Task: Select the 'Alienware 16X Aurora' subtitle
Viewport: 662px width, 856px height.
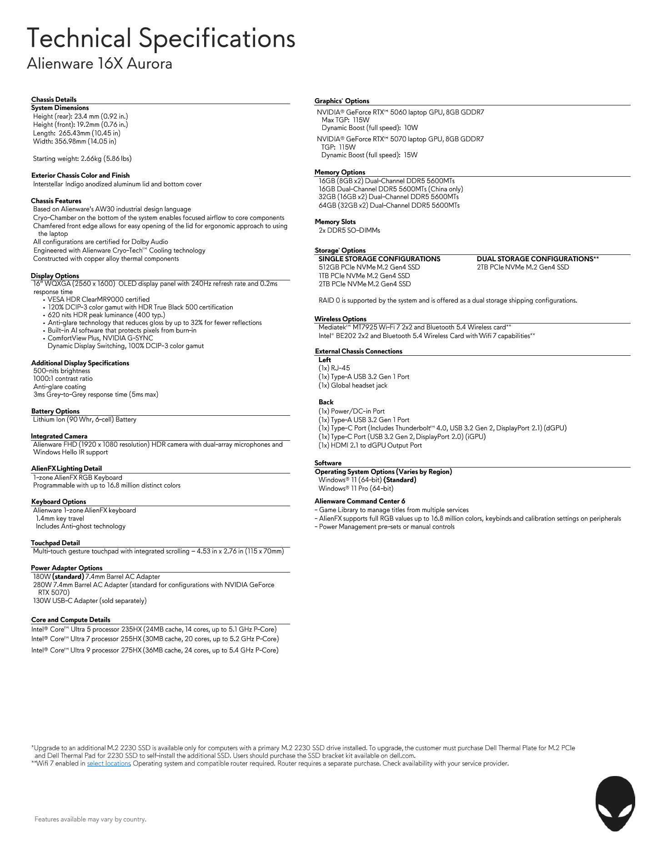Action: (x=100, y=63)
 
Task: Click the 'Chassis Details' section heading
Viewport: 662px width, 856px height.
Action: (x=54, y=100)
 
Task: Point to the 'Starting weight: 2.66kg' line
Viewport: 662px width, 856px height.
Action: (x=82, y=159)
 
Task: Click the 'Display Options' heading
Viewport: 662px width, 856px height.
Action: (x=55, y=276)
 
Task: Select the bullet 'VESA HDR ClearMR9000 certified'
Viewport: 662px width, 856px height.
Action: (x=98, y=299)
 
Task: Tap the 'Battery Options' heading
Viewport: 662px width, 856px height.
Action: (x=55, y=411)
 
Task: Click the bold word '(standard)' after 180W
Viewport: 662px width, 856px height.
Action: (x=68, y=577)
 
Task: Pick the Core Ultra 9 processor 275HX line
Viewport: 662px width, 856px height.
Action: (x=155, y=650)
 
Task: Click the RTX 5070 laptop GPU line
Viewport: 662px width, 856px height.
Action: (x=400, y=139)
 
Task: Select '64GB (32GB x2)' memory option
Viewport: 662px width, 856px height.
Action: (x=389, y=205)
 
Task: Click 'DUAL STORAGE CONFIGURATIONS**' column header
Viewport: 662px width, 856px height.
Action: (x=537, y=259)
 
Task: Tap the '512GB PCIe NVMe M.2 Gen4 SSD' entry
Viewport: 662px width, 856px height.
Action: (x=369, y=267)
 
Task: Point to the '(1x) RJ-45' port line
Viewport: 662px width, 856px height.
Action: (x=334, y=368)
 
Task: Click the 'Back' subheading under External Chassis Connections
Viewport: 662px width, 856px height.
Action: (x=326, y=402)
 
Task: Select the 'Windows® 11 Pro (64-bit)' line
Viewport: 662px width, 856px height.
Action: (x=356, y=488)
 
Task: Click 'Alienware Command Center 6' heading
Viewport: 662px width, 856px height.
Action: (x=360, y=501)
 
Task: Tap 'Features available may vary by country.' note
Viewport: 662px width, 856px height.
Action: (x=90, y=819)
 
